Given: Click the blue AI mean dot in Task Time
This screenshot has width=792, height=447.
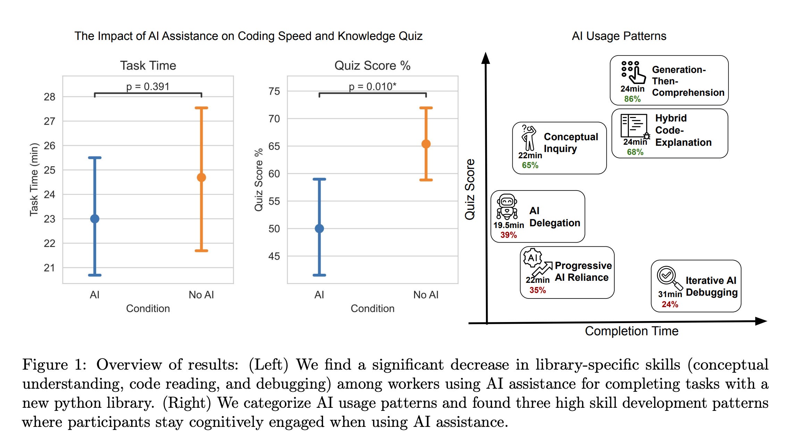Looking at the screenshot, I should [x=95, y=219].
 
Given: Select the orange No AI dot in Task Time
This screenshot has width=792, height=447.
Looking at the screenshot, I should [x=201, y=177].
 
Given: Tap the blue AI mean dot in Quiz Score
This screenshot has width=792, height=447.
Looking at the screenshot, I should [x=319, y=228].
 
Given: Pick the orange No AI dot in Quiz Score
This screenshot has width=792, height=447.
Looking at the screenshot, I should [x=426, y=144].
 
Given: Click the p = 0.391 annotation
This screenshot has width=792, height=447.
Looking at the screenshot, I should [x=148, y=86].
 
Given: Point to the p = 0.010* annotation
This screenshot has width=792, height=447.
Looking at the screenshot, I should [x=372, y=86].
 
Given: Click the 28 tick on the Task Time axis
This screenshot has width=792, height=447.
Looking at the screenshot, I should [x=50, y=97].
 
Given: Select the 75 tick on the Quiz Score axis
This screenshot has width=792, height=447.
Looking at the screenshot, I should [x=274, y=91].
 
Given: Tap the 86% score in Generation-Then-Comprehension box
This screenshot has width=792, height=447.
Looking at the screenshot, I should [x=632, y=99].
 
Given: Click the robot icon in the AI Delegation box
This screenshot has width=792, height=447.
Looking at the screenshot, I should [x=507, y=206].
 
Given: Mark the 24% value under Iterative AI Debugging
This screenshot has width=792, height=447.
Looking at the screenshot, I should [x=670, y=304].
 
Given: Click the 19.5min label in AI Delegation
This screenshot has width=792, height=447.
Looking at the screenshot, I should [x=508, y=225].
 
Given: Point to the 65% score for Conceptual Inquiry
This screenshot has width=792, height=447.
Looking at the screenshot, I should [x=530, y=165].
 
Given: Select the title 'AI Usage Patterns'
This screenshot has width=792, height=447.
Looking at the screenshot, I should [x=619, y=36].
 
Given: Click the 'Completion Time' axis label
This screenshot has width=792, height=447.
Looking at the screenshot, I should [x=631, y=331].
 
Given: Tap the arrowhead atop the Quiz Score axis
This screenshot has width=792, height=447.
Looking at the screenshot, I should [x=486, y=58].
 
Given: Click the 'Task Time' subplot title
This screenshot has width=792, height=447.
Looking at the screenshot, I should [x=148, y=66].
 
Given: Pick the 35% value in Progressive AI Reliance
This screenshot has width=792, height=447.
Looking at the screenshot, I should [x=537, y=290].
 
